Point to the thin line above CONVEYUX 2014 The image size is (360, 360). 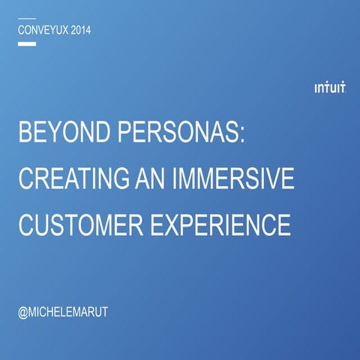pyautogui.click(x=26, y=18)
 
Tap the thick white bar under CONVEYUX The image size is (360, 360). pyautogui.click(x=26, y=44)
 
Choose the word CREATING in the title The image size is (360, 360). pyautogui.click(x=72, y=180)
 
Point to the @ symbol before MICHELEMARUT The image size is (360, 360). pyautogui.click(x=22, y=310)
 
